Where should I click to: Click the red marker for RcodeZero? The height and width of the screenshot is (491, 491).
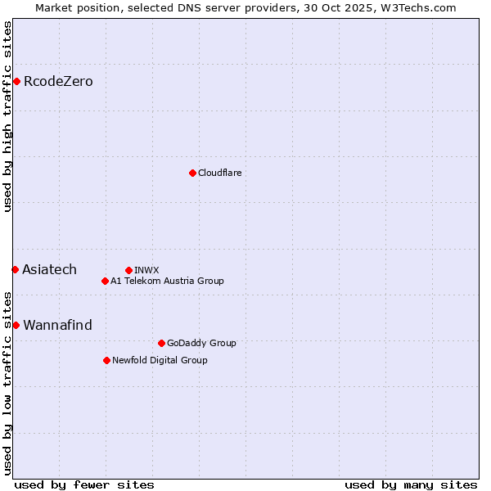pos(16,81)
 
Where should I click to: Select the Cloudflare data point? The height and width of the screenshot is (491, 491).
pos(192,173)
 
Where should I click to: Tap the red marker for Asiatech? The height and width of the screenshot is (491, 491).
pos(15,269)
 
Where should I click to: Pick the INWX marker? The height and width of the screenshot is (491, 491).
pos(128,270)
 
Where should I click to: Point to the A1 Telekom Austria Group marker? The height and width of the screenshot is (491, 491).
pos(105,281)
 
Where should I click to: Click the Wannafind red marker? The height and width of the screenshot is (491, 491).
pos(16,325)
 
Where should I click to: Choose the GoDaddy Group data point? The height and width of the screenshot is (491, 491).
pos(161,343)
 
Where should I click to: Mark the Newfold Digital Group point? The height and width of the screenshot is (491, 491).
pos(106,360)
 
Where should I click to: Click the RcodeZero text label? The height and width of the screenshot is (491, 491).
pos(58,81)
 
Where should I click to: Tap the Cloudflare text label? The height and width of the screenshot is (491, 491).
pos(219,173)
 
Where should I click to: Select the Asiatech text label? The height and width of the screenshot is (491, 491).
pos(49,269)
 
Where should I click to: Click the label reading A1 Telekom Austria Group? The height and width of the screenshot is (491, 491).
pos(167,281)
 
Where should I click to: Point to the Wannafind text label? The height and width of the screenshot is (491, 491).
pos(57,325)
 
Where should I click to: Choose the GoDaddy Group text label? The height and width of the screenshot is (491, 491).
pos(200,343)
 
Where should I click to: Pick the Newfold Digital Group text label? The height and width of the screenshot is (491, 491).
pos(160,360)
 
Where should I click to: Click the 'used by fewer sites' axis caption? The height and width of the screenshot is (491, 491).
pos(84,484)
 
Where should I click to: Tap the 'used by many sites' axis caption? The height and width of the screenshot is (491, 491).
pos(411,484)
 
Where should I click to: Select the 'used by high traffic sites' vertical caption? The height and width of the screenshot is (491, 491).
pos(7,116)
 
